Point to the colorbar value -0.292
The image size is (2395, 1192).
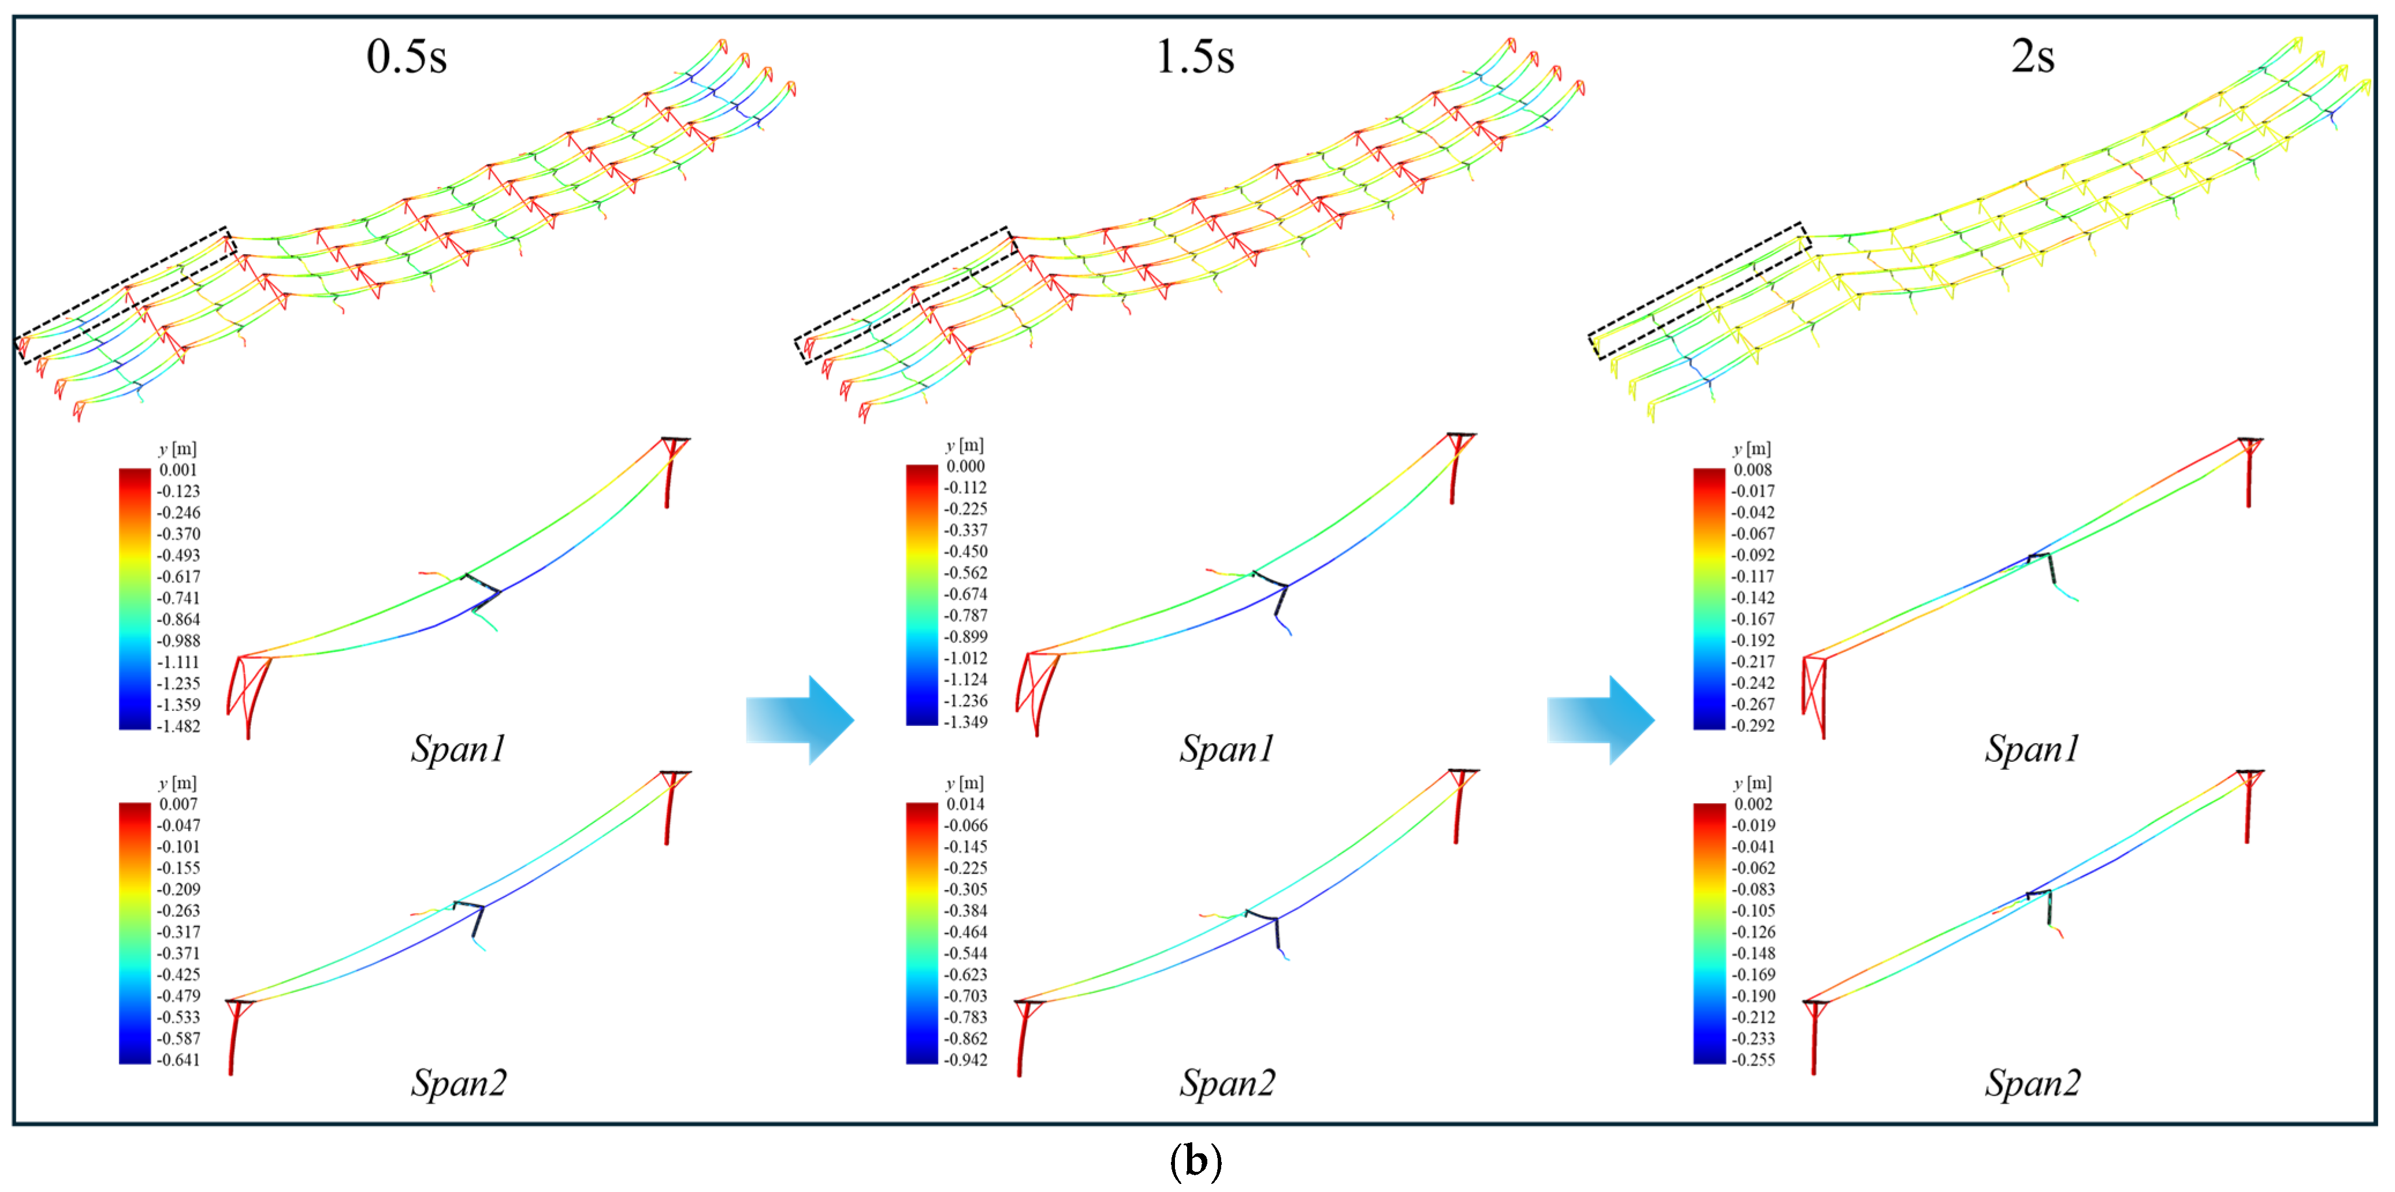(x=1753, y=726)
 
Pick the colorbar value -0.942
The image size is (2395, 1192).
(x=965, y=1060)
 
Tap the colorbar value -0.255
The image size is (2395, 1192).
(x=1753, y=1060)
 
